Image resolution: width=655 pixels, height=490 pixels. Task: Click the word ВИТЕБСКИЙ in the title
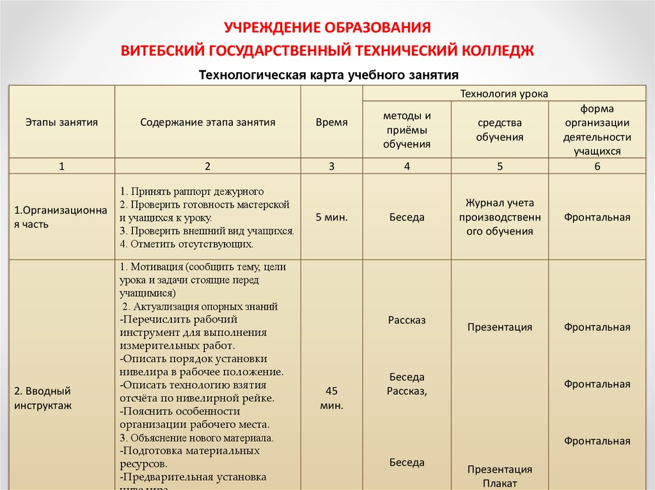[162, 50]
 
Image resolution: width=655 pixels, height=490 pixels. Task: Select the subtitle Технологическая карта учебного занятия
[329, 75]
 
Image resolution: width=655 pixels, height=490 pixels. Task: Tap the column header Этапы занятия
[61, 122]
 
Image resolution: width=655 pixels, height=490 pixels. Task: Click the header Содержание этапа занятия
[208, 122]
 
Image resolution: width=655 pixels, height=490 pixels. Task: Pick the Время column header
[331, 122]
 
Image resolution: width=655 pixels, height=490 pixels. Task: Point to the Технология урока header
[504, 94]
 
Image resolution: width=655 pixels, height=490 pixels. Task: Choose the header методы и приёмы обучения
[407, 130]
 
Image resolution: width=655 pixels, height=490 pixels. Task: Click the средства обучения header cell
[500, 130]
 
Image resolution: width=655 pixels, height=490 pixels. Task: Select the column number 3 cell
[331, 166]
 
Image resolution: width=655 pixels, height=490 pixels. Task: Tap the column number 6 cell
[597, 166]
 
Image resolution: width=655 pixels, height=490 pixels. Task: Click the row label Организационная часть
[61, 217]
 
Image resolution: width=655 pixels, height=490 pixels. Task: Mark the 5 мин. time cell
[331, 217]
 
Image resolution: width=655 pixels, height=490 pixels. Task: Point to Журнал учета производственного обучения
[500, 217]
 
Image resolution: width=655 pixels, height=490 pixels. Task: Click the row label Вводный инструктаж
[43, 397]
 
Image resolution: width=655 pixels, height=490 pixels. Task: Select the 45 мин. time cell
[331, 397]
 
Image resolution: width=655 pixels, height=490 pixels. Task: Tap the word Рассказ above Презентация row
[407, 320]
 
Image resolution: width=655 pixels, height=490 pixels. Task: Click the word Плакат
[500, 483]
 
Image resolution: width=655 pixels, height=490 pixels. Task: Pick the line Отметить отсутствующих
[187, 244]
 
